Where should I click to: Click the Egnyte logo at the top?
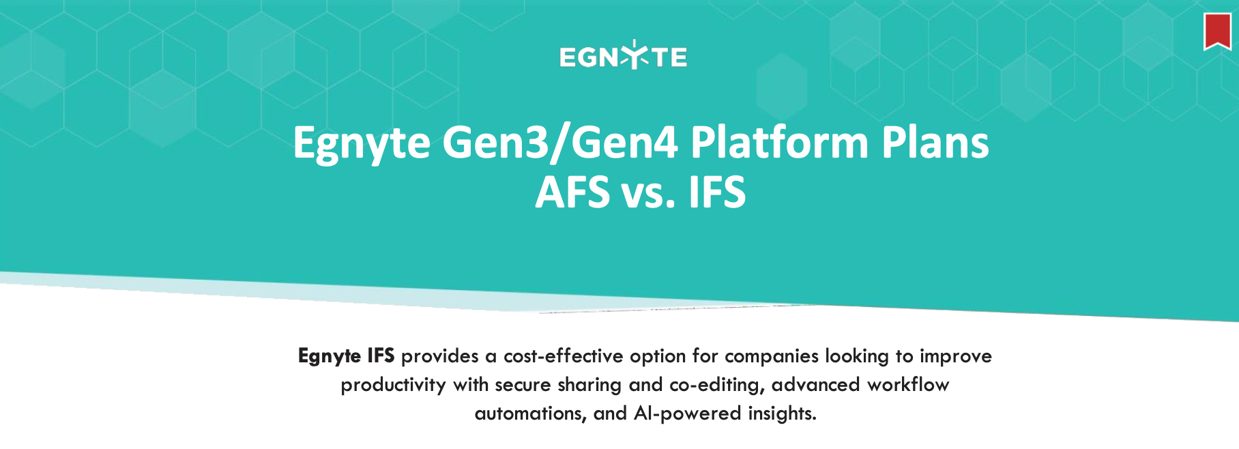coord(623,55)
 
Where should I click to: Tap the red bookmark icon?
coord(1217,31)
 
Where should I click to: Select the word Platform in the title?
coord(779,143)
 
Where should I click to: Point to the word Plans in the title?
coord(935,143)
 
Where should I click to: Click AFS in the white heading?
coord(572,192)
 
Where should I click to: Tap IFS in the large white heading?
coord(717,192)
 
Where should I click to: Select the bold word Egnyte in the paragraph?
coord(330,356)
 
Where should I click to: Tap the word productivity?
coord(393,386)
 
